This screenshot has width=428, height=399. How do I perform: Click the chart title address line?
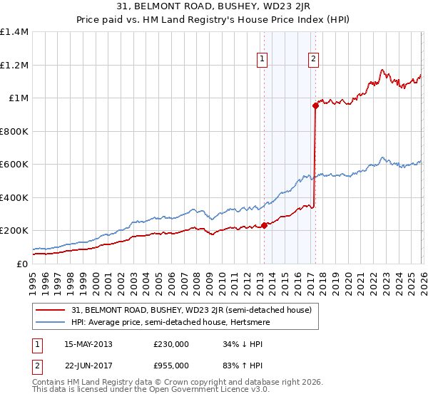click(x=213, y=6)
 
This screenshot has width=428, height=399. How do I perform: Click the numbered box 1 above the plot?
click(x=263, y=59)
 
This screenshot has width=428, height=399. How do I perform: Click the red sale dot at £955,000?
click(x=315, y=105)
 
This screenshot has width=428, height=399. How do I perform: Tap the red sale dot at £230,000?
click(x=264, y=225)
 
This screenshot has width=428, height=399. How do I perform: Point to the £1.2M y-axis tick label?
click(x=14, y=65)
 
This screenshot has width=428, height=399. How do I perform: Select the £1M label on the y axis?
click(x=17, y=98)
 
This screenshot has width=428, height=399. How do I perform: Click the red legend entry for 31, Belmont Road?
click(x=191, y=310)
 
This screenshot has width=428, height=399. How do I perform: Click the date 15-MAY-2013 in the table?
click(x=88, y=344)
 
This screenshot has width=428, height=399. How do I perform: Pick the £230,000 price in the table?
click(x=171, y=344)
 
